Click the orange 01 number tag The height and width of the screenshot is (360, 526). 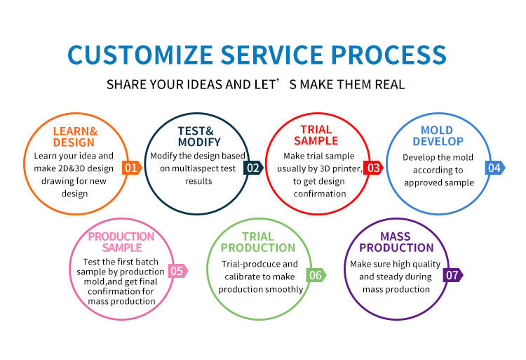[x=131, y=168]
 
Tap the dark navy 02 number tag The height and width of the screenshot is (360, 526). [x=252, y=168]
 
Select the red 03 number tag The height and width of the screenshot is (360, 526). [x=373, y=168]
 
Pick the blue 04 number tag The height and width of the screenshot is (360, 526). [x=495, y=168]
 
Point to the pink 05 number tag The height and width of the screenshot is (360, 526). [x=177, y=271]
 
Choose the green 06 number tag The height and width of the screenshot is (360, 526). [x=316, y=275]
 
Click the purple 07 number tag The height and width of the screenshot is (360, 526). [x=453, y=275]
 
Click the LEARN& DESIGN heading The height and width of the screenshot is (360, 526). [x=74, y=137]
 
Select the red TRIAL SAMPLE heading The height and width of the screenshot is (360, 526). [x=316, y=135]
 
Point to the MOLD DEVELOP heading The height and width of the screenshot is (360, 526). [x=437, y=136]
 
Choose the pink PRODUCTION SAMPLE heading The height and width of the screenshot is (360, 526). [x=121, y=242]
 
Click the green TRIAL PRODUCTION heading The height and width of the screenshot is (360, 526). [x=258, y=242]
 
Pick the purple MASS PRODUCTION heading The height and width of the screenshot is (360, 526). [x=396, y=242]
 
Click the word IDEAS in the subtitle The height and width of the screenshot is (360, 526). [x=203, y=85]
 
